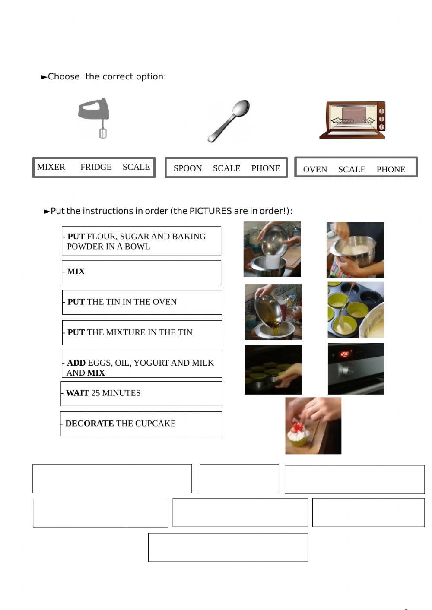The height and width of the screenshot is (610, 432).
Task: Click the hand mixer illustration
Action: (x=93, y=118)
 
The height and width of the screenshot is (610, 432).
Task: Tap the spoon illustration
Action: (x=229, y=121)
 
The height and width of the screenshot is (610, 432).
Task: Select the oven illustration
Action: (x=353, y=120)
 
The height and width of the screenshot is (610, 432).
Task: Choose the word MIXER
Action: (x=51, y=167)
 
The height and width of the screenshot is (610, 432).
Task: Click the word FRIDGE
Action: (x=96, y=167)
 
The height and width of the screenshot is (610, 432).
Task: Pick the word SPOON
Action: (x=188, y=168)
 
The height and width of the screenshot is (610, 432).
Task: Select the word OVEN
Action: (x=315, y=169)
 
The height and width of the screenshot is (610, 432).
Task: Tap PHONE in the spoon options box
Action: (x=266, y=168)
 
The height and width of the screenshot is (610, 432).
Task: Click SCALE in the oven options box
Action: (x=352, y=169)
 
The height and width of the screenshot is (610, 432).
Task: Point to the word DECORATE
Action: (x=90, y=424)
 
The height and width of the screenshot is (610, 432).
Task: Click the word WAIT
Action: (x=77, y=393)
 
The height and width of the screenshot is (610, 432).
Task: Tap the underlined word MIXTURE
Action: (x=126, y=332)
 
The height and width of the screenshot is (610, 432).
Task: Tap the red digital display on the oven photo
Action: (x=345, y=354)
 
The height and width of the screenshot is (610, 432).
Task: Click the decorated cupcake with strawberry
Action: (x=299, y=436)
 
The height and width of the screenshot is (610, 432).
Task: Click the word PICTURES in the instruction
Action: (x=210, y=211)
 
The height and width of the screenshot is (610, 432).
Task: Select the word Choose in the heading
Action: (x=64, y=76)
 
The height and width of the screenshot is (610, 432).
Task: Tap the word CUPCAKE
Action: (x=156, y=424)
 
